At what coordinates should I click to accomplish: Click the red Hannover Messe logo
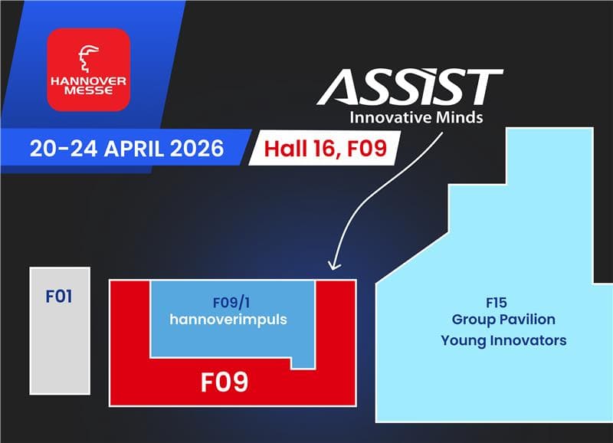point(89,69)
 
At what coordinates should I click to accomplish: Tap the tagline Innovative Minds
point(416,119)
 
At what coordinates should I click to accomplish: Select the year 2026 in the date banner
point(192,147)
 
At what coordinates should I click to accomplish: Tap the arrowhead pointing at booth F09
point(334,265)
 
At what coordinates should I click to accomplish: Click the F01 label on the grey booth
point(59,295)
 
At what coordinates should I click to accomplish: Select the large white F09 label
point(225,382)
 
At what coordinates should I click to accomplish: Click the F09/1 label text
point(233,302)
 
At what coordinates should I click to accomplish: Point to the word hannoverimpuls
point(233,319)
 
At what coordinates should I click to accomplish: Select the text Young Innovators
point(503,340)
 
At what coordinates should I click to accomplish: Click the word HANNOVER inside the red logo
point(89,80)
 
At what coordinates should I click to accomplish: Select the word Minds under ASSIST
point(464,119)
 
